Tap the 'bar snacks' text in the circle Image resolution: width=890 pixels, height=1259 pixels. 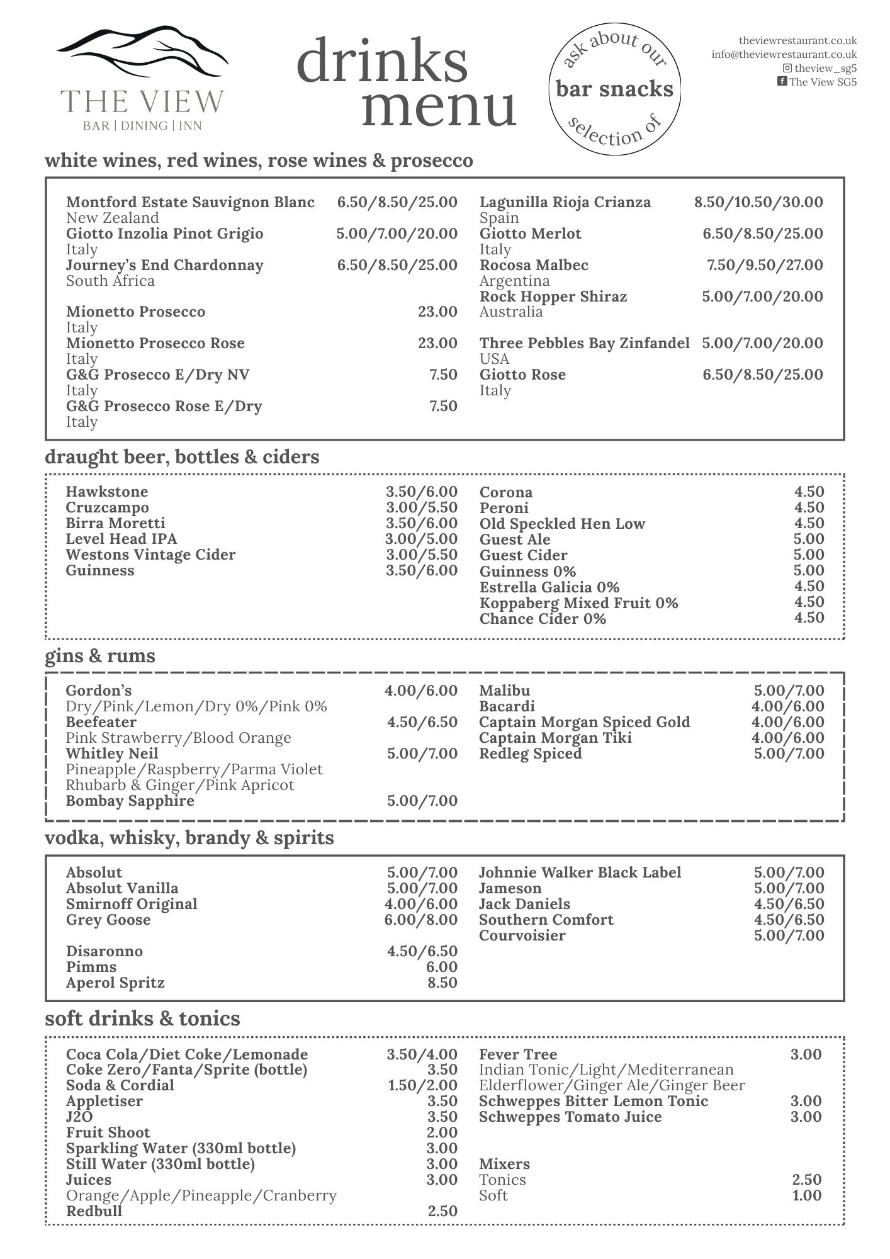click(614, 89)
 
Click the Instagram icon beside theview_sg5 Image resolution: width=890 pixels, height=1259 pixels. click(787, 68)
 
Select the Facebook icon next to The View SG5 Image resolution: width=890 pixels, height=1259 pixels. click(782, 81)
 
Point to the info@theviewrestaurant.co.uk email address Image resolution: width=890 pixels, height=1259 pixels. click(784, 55)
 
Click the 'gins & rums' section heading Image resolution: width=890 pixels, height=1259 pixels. click(99, 656)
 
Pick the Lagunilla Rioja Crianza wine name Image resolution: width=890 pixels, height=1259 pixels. click(565, 202)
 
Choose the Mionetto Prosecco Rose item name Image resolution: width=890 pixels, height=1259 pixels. click(155, 343)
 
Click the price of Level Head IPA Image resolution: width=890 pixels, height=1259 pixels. click(421, 539)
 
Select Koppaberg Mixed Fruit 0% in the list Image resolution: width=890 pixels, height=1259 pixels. click(578, 603)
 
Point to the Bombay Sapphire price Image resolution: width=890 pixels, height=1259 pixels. click(422, 801)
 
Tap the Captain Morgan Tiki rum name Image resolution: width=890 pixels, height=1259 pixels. click(555, 738)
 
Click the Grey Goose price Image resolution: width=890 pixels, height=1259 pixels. click(422, 920)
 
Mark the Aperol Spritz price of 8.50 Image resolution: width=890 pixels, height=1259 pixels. click(442, 983)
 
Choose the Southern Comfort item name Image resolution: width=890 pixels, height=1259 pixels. click(546, 920)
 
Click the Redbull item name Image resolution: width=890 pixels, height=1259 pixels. click(94, 1211)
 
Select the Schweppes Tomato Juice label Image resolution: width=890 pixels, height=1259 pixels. click(570, 1117)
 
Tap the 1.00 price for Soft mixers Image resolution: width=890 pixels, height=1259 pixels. click(806, 1195)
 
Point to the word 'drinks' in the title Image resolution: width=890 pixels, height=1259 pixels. click(382, 60)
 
